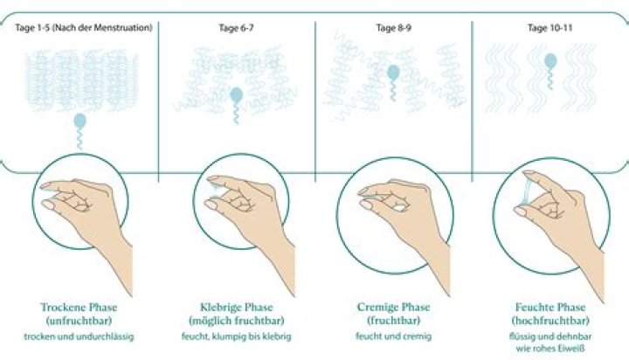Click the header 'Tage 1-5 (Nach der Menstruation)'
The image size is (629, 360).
[84, 28]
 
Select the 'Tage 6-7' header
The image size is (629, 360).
[236, 28]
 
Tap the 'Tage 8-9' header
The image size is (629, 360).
[393, 28]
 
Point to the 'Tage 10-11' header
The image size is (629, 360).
[550, 28]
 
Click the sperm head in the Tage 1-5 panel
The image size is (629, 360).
[80, 121]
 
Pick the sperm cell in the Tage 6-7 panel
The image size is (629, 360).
[236, 105]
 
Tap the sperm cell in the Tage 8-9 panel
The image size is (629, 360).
[393, 83]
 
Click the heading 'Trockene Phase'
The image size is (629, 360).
[79, 308]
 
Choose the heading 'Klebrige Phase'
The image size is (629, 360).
[236, 308]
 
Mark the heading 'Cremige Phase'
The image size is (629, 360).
[393, 308]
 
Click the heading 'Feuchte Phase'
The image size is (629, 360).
[550, 308]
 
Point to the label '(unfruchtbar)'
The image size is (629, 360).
[79, 321]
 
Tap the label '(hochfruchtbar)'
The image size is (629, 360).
[550, 321]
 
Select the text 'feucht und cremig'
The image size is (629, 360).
[393, 336]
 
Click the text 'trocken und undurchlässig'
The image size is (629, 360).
[79, 336]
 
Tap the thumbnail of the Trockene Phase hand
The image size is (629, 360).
[49, 205]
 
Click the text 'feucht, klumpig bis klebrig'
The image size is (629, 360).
[236, 336]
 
